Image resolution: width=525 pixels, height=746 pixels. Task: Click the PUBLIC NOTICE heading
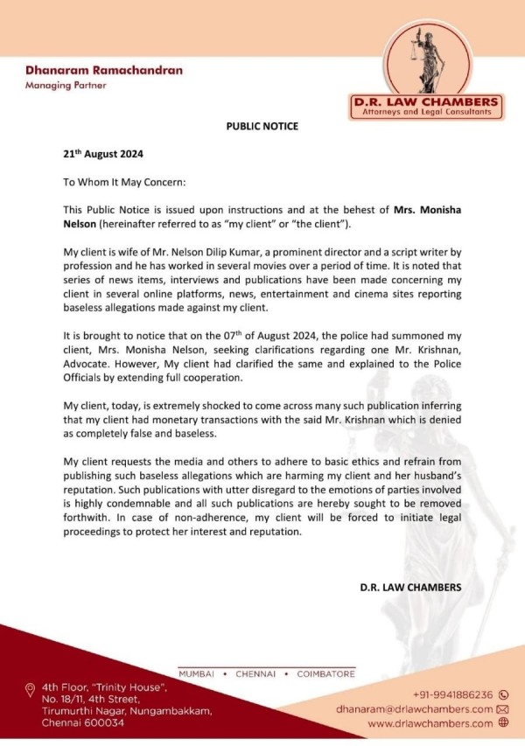(x=262, y=126)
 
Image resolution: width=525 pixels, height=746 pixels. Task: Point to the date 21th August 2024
(x=103, y=153)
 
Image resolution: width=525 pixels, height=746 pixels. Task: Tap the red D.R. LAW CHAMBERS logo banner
(x=425, y=102)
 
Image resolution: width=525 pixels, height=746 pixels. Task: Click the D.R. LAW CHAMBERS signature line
(x=409, y=586)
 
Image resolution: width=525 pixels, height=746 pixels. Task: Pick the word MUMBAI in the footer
(x=198, y=674)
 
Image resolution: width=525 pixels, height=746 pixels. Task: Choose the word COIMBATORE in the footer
(x=325, y=674)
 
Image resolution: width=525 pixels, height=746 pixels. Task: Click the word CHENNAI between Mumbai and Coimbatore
(x=259, y=674)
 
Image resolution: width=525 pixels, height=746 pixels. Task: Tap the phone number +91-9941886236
(x=452, y=694)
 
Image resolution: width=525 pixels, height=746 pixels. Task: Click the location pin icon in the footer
(x=31, y=690)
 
